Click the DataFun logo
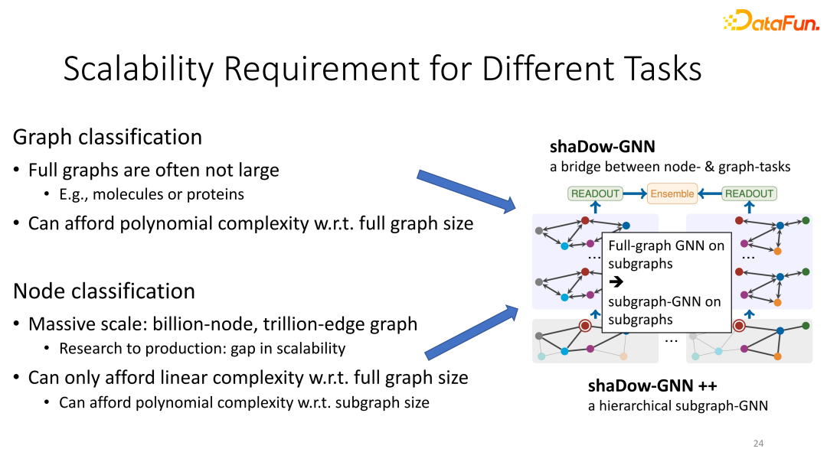pos(771,21)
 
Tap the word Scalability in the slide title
pos(138,69)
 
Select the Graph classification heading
pos(108,137)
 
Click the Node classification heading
pos(104,291)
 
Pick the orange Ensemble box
pos(672,193)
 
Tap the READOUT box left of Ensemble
pos(595,193)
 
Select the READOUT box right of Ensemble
pos(749,193)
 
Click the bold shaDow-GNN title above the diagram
pos(603,146)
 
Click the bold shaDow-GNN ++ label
pos(652,385)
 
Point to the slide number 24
pos(758,444)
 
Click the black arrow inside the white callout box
pos(616,281)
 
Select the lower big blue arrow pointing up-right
pos(472,332)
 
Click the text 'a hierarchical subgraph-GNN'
pos(678,405)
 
